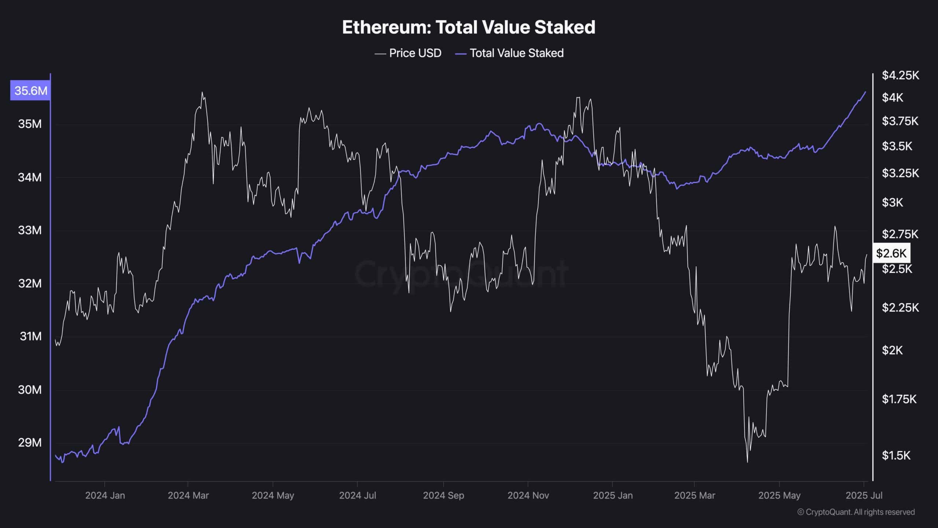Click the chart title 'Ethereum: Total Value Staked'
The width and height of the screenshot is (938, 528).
[469, 27]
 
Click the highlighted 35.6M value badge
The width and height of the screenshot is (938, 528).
[30, 90]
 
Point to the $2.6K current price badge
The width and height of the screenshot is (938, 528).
[891, 253]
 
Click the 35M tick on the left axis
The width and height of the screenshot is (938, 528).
[30, 124]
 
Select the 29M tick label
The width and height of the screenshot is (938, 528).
[30, 443]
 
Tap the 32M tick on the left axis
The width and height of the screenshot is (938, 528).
[30, 283]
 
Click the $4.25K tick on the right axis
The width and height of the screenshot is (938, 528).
[900, 76]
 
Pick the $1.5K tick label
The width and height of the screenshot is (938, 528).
[896, 455]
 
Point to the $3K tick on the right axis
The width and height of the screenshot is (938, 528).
[892, 202]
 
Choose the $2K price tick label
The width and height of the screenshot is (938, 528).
[892, 351]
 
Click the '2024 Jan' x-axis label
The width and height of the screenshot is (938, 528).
[105, 495]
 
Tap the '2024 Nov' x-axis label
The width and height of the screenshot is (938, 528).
[528, 495]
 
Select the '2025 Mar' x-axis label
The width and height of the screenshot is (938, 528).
[694, 495]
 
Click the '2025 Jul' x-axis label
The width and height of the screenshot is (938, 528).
[864, 495]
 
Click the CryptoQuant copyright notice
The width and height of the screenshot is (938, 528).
[856, 512]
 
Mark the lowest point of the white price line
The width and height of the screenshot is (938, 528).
[747, 462]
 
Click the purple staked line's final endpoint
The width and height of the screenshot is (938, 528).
[866, 92]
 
